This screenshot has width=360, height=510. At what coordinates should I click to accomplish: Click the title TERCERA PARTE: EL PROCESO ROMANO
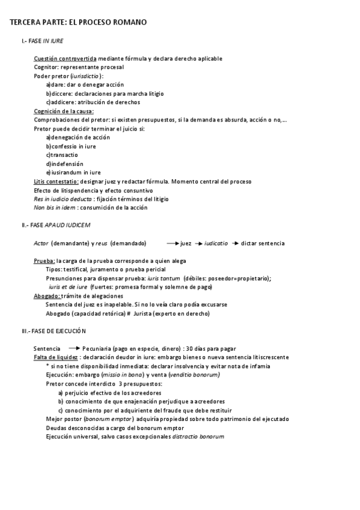coord(78,22)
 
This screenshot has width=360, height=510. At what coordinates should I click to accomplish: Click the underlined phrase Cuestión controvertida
coord(65,58)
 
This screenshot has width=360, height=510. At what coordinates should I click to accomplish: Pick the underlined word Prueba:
coord(44,260)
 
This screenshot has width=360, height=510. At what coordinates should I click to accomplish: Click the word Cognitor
coord(45,67)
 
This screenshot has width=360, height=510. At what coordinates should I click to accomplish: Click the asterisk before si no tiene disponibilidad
coord(48,366)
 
